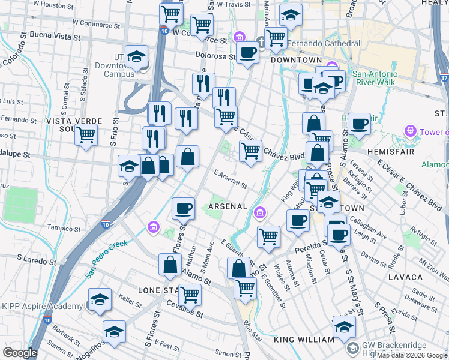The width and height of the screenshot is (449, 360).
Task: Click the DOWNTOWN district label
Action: tap(297, 61)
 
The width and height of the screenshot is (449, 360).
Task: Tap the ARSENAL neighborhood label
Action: tap(228, 206)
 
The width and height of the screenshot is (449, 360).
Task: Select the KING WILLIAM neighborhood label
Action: tap(304, 340)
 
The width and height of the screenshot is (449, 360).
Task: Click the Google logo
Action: tap(20, 353)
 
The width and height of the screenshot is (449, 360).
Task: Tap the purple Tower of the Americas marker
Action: tap(411, 130)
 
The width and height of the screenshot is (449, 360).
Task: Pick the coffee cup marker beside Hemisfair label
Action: tap(360, 124)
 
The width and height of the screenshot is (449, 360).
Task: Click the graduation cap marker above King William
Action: tap(344, 326)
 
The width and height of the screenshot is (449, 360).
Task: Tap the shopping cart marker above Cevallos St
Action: tap(190, 294)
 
